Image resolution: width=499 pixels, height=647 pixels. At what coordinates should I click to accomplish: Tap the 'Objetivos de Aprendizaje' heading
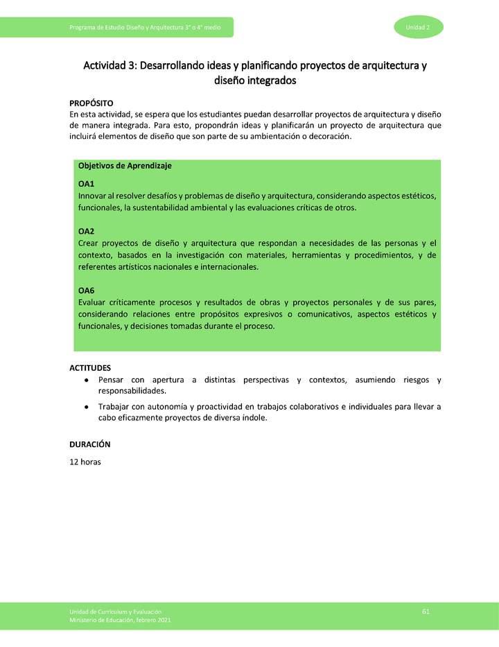125,166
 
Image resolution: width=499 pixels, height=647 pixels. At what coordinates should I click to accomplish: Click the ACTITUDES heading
90,367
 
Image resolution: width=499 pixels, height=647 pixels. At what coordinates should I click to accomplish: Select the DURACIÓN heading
89,444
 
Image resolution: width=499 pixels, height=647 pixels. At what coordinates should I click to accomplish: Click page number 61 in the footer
426,610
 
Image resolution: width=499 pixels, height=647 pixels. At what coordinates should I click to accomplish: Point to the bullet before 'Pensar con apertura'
85,380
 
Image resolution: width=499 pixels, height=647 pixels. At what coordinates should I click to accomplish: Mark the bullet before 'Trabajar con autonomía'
85,407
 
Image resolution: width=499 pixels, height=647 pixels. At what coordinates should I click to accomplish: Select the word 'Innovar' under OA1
93,196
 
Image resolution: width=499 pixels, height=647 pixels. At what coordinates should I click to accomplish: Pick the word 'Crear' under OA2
89,243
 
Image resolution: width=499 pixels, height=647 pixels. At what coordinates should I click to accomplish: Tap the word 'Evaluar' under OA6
93,303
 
